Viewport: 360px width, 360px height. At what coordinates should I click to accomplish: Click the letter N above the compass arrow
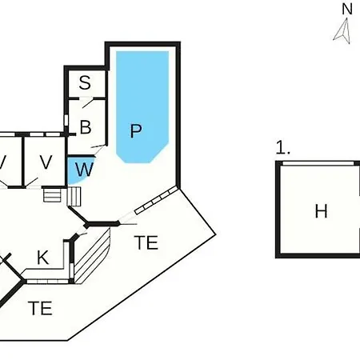click(x=347, y=9)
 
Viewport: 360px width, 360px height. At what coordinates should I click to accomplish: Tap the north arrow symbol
click(x=342, y=31)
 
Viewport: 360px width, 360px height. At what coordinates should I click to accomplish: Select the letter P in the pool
click(x=136, y=130)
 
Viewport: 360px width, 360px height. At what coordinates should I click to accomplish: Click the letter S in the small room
click(x=85, y=82)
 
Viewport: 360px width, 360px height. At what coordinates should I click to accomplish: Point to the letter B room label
click(x=86, y=127)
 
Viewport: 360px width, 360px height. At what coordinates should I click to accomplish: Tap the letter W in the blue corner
click(x=84, y=169)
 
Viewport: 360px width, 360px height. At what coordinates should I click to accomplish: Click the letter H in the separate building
click(x=321, y=211)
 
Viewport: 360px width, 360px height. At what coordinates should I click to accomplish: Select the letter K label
click(x=42, y=258)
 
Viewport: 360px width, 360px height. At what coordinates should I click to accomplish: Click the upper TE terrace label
click(x=146, y=242)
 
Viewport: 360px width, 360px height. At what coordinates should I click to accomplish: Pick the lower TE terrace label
click(x=40, y=308)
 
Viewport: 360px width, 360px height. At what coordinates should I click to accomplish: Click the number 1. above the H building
click(x=282, y=147)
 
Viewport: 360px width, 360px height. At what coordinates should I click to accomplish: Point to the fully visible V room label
click(x=46, y=162)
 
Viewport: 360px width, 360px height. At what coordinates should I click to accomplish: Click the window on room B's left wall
click(x=66, y=120)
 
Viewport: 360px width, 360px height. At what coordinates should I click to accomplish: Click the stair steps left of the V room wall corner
click(x=52, y=195)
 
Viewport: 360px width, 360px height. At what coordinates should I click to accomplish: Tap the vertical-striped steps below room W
click(x=74, y=197)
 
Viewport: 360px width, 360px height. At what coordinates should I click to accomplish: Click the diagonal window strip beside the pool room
click(x=156, y=200)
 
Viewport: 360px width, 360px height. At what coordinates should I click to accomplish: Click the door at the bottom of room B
click(x=98, y=150)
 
